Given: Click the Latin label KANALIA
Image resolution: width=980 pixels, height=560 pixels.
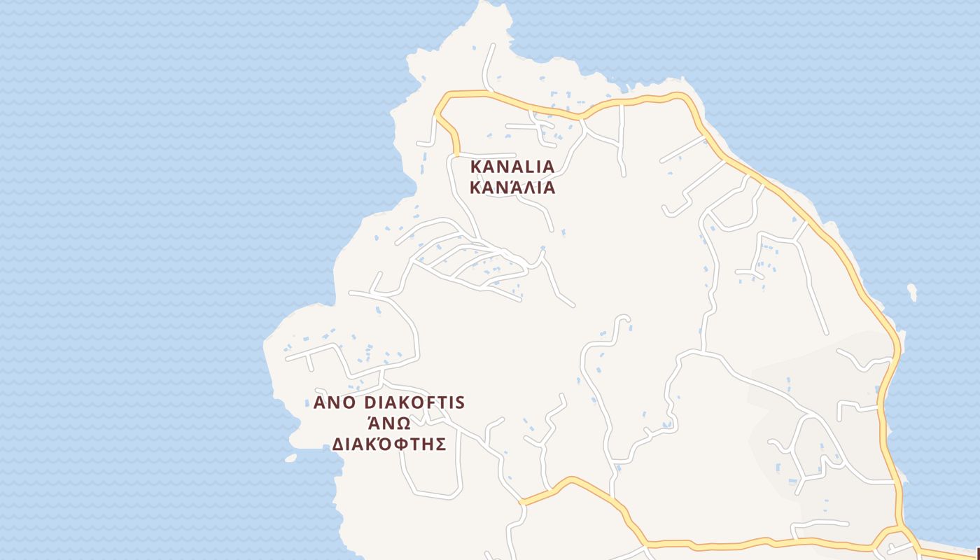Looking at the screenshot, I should [512, 167].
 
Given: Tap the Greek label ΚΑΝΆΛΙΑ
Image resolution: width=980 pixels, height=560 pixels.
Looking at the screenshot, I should [512, 188].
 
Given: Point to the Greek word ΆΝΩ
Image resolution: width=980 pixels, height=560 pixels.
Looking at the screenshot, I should [388, 423].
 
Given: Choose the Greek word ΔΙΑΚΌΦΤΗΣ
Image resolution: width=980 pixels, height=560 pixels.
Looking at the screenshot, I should [388, 444].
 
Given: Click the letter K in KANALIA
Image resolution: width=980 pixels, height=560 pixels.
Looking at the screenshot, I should [477, 167].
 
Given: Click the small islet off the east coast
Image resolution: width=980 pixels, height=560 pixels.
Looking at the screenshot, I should [912, 291].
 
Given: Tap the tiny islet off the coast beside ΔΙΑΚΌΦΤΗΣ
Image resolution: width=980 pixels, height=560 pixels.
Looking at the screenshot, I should [290, 458].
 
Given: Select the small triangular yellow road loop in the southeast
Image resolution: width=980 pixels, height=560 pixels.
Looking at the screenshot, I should [888, 537].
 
